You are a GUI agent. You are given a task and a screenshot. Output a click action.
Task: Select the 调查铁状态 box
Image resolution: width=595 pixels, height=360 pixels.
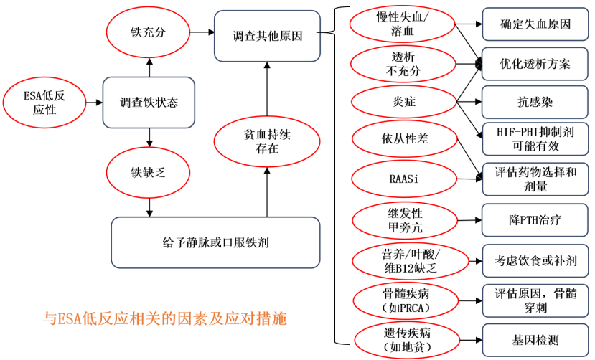[149, 103]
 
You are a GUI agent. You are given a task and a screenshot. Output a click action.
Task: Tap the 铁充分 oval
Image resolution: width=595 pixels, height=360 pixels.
[149, 32]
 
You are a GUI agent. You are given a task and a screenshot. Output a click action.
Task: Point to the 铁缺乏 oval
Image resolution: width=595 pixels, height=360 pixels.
[149, 172]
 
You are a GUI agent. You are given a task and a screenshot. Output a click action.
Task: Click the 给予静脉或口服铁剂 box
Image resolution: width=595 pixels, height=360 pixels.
[215, 242]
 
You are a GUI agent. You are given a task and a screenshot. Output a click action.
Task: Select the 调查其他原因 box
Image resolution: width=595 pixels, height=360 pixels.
[267, 35]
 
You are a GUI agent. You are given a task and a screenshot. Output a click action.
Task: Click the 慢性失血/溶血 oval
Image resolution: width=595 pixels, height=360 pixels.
[402, 25]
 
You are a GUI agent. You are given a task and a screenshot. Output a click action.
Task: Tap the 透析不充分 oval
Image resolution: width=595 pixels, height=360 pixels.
[402, 64]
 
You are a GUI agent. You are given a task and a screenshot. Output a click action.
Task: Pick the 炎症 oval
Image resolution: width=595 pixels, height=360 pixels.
[402, 102]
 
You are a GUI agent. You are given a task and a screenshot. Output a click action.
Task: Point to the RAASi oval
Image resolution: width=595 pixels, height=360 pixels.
[402, 176]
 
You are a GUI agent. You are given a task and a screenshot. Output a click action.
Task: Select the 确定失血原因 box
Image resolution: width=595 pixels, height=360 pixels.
[535, 24]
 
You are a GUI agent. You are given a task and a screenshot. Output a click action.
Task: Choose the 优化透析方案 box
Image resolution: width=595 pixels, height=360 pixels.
[535, 63]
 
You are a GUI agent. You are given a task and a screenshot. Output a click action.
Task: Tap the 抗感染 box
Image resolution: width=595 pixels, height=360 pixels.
[535, 102]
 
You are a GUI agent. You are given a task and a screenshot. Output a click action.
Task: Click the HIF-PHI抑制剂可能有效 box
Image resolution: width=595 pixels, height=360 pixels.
[535, 138]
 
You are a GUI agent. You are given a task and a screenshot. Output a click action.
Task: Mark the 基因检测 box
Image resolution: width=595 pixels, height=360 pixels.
[535, 340]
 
